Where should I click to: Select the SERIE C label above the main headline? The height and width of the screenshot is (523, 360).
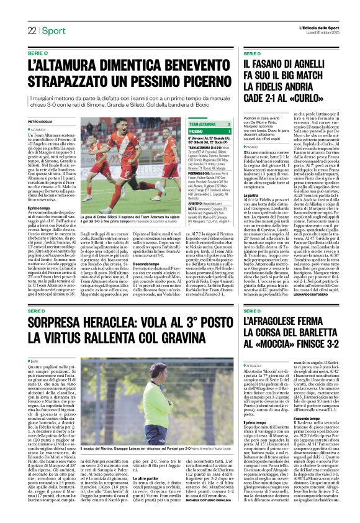coord(38,54)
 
